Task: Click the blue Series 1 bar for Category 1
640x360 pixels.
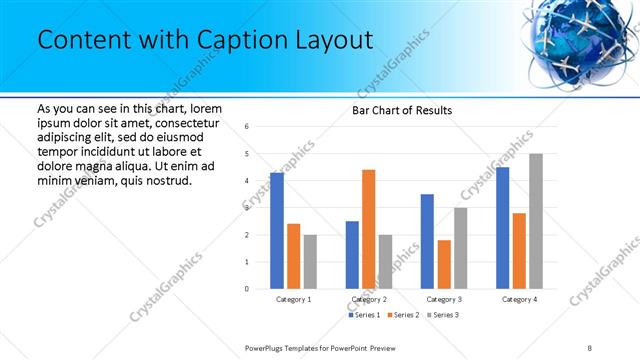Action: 277,231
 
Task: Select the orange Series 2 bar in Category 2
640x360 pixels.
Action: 368,229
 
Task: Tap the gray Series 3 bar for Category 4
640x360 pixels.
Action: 536,221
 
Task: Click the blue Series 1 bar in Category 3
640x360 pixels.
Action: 427,241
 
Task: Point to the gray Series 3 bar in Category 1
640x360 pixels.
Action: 310,262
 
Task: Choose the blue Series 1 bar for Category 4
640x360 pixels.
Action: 502,228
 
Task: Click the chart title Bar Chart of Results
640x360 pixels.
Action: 401,110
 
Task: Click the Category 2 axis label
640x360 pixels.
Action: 368,299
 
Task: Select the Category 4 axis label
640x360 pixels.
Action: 519,299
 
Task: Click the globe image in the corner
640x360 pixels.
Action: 578,40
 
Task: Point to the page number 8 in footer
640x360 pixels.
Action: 590,346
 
